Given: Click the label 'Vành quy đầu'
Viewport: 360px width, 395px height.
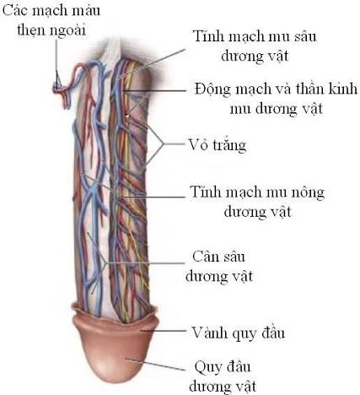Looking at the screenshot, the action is pyautogui.click(x=238, y=333).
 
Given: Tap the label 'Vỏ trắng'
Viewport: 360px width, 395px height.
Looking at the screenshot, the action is pyautogui.click(x=218, y=144).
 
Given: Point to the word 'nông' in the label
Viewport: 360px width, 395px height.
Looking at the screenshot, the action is pyautogui.click(x=306, y=192).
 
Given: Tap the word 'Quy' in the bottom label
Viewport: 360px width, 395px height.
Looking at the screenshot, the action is pyautogui.click(x=205, y=367).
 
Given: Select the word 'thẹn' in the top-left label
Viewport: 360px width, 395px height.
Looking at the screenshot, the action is pyautogui.click(x=32, y=30).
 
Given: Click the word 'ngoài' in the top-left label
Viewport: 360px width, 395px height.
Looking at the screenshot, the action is pyautogui.click(x=68, y=30).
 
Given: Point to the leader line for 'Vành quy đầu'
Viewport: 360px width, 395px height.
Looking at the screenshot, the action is pyautogui.click(x=164, y=331).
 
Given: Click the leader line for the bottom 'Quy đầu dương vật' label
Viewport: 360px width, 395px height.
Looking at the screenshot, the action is pyautogui.click(x=155, y=365).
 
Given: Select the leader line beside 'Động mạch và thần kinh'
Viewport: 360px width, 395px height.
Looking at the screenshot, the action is pyautogui.click(x=155, y=91).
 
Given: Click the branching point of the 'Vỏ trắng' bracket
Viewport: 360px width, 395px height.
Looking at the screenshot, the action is pyautogui.click(x=164, y=144).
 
